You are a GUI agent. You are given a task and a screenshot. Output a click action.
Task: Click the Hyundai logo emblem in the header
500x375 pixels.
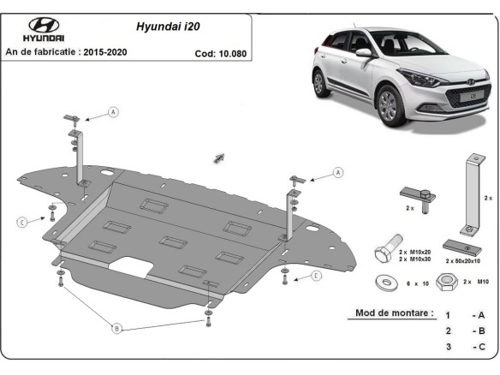click(44, 25)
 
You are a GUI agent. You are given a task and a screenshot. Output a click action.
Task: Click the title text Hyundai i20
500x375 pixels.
click(168, 27)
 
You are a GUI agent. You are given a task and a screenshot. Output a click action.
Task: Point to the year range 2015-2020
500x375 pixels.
click(105, 52)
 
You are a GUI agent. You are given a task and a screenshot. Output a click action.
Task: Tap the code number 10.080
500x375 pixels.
click(234, 53)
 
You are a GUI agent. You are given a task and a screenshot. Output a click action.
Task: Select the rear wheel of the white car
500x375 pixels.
click(319, 82)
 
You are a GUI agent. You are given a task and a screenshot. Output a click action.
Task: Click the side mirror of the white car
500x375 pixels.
click(364, 52)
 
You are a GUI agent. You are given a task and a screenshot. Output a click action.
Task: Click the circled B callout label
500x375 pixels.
click(116, 328)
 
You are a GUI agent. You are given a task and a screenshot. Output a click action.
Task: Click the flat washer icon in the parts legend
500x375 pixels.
click(386, 283)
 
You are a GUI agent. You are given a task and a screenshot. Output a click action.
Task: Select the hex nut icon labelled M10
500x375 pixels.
click(446, 282)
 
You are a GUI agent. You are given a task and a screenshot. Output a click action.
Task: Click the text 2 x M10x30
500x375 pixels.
click(414, 259)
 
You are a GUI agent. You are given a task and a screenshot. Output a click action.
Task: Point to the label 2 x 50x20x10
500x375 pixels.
click(462, 261)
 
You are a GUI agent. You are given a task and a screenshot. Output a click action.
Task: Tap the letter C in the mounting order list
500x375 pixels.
click(481, 347)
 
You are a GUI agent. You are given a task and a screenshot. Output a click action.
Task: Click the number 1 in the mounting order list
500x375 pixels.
click(448, 315)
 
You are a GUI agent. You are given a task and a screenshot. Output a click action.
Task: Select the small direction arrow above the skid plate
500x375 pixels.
click(219, 158)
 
